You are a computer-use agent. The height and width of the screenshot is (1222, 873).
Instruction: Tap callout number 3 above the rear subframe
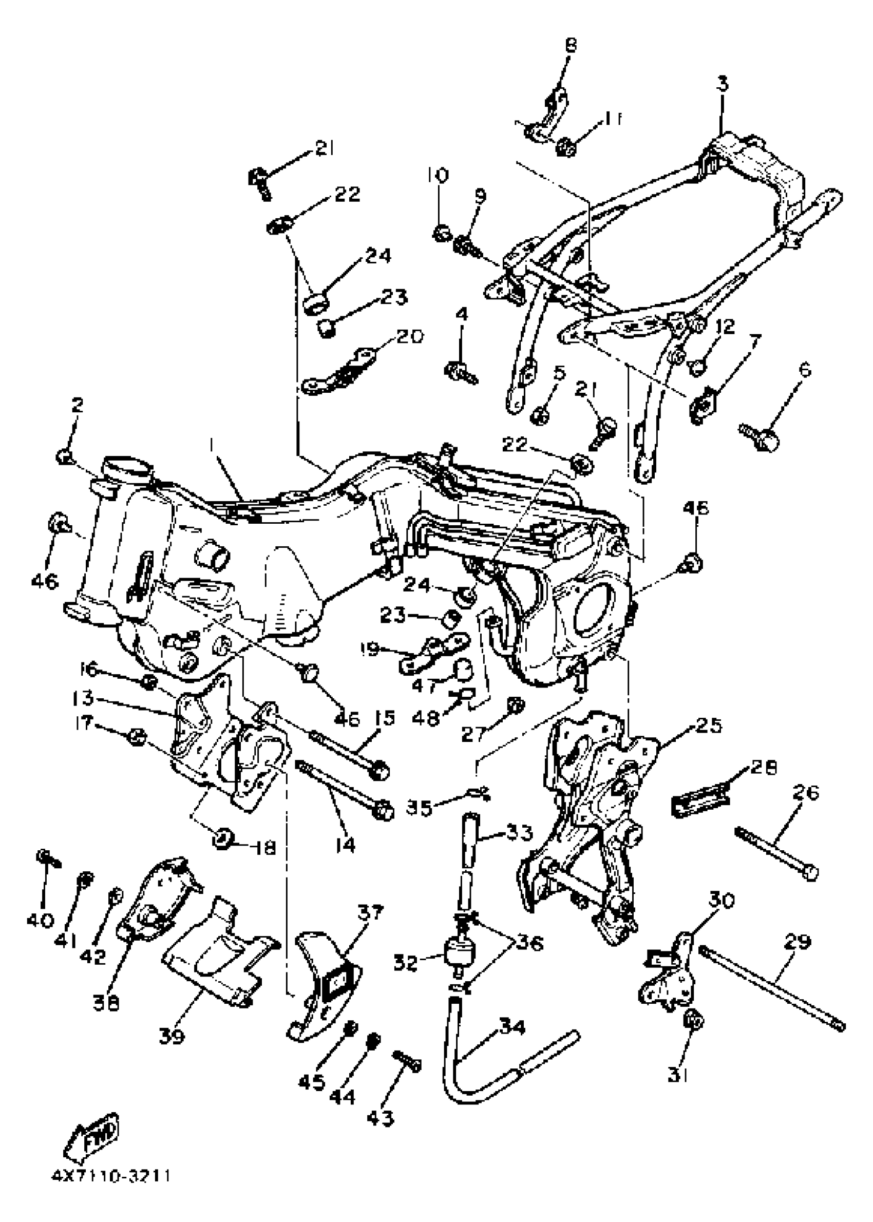pyautogui.click(x=723, y=84)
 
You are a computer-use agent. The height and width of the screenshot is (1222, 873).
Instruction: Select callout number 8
pyautogui.click(x=571, y=45)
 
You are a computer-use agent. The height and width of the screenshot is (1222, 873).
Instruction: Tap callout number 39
pyautogui.click(x=172, y=1036)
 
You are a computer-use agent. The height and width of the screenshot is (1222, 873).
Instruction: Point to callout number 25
pyautogui.click(x=709, y=725)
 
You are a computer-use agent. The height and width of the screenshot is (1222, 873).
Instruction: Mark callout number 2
pyautogui.click(x=78, y=405)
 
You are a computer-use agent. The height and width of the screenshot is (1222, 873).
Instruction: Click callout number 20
pyautogui.click(x=410, y=336)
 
